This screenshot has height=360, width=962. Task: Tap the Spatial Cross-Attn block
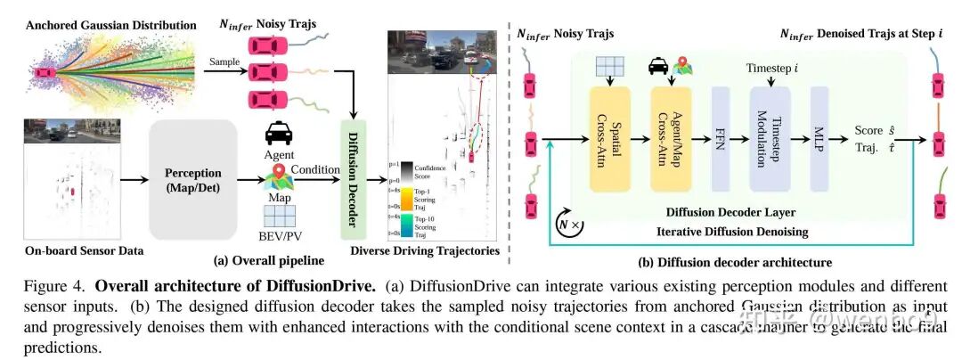609,140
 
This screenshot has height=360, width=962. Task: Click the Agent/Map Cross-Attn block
671,140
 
